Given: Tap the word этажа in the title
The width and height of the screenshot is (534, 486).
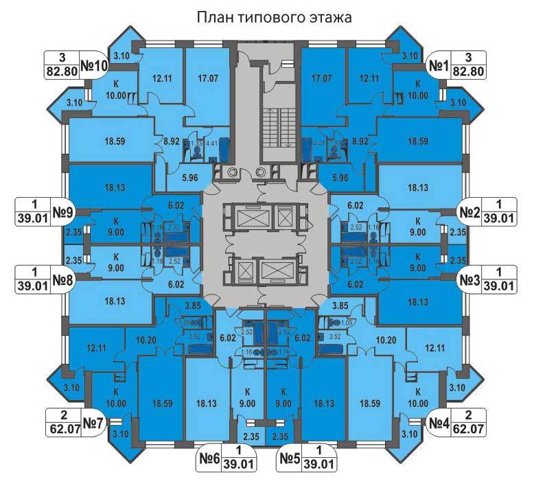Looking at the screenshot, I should [x=328, y=16].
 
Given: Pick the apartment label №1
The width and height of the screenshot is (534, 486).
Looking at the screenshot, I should [x=439, y=66].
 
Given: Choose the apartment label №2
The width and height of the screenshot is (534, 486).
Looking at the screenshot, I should [x=469, y=212].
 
